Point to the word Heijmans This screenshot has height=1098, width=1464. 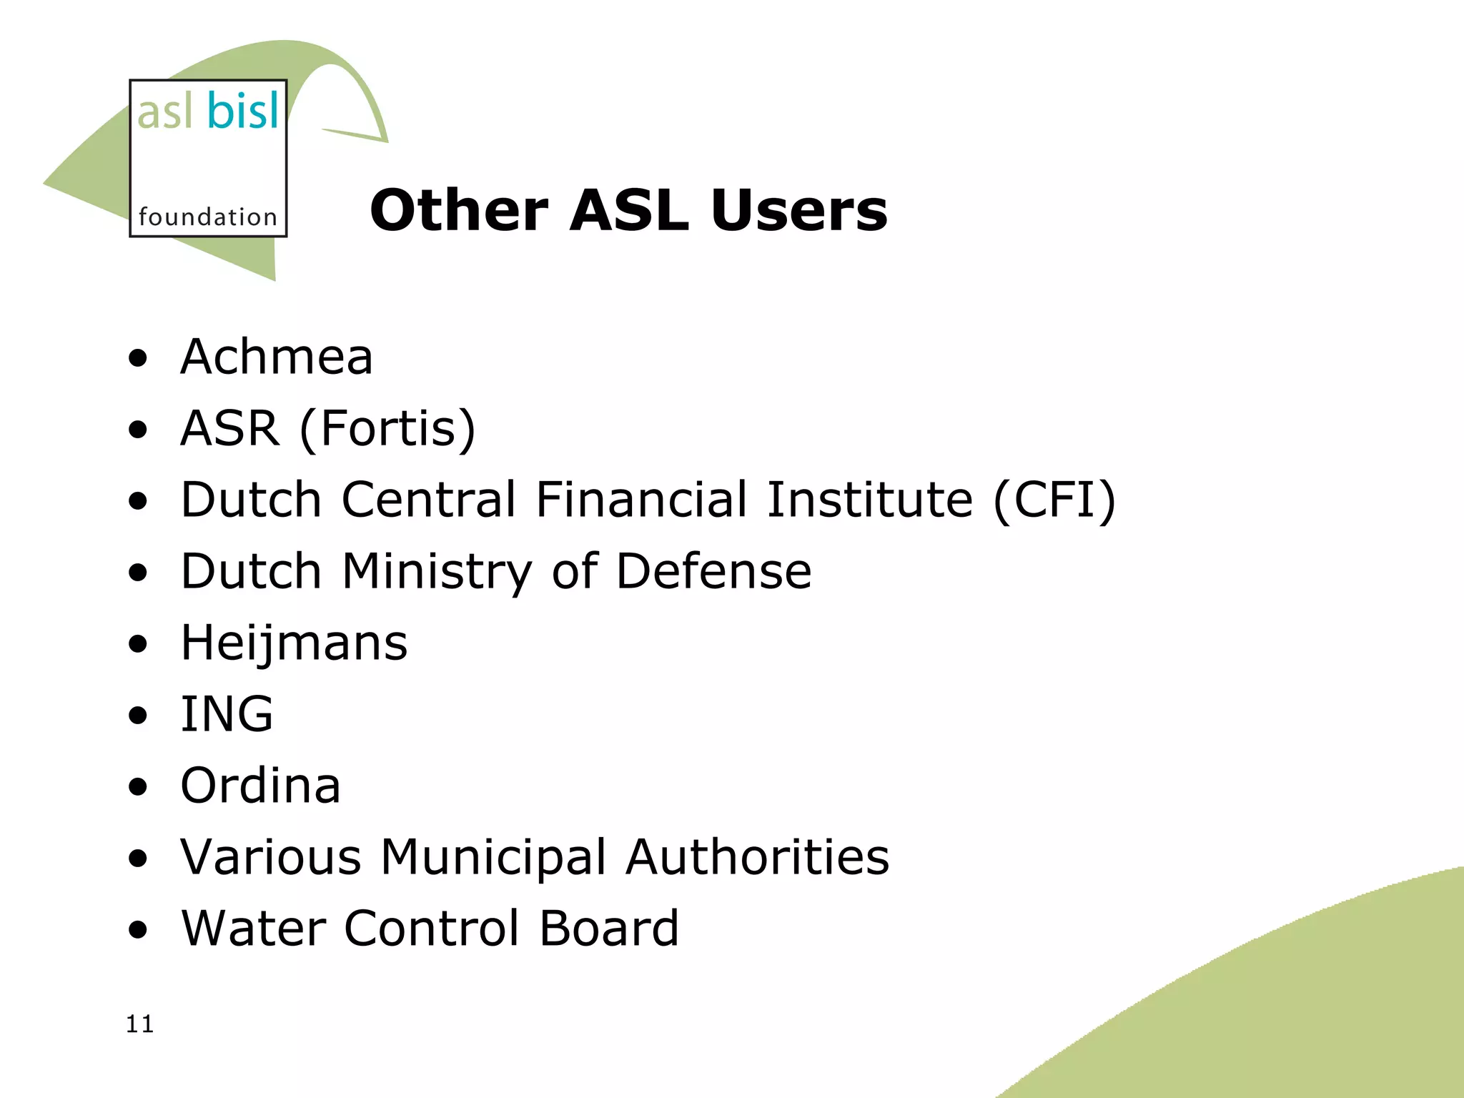point(294,643)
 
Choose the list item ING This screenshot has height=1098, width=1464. point(227,713)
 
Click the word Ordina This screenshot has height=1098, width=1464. point(260,785)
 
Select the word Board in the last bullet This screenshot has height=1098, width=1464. point(608,928)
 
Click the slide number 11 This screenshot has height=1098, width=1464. point(139,1024)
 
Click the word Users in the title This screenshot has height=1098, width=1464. point(798,210)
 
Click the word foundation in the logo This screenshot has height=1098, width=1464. point(207,217)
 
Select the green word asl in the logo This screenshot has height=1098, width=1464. point(164,113)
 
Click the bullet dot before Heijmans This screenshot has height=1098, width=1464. point(138,644)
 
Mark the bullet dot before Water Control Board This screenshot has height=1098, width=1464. point(138,930)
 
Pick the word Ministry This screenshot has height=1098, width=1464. point(437,572)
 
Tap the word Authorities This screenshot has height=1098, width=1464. point(757,856)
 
